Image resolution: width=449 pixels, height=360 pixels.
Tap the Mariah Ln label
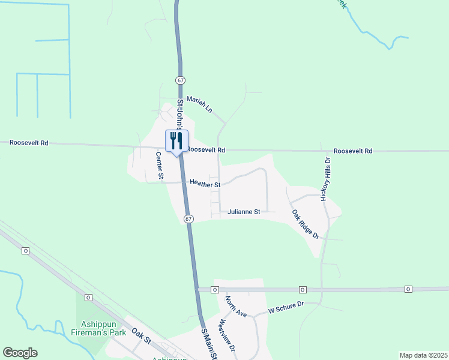click(x=199, y=104)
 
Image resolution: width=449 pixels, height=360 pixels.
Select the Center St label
click(x=160, y=166)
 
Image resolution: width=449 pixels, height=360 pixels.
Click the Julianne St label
click(x=244, y=212)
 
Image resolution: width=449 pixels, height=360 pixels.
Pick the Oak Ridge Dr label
click(x=306, y=224)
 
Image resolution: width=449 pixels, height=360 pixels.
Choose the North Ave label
click(x=236, y=306)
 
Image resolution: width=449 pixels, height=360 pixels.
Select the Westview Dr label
click(x=227, y=335)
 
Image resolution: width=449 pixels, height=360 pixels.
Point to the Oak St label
click(x=140, y=336)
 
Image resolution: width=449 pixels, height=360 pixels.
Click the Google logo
click(x=20, y=353)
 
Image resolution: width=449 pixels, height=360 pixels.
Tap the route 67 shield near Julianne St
click(x=188, y=219)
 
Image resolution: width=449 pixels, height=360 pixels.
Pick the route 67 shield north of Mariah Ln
click(x=180, y=80)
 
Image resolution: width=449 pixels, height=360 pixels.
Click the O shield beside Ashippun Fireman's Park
click(x=88, y=298)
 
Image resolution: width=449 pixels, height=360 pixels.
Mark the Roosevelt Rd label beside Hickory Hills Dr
click(x=353, y=151)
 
